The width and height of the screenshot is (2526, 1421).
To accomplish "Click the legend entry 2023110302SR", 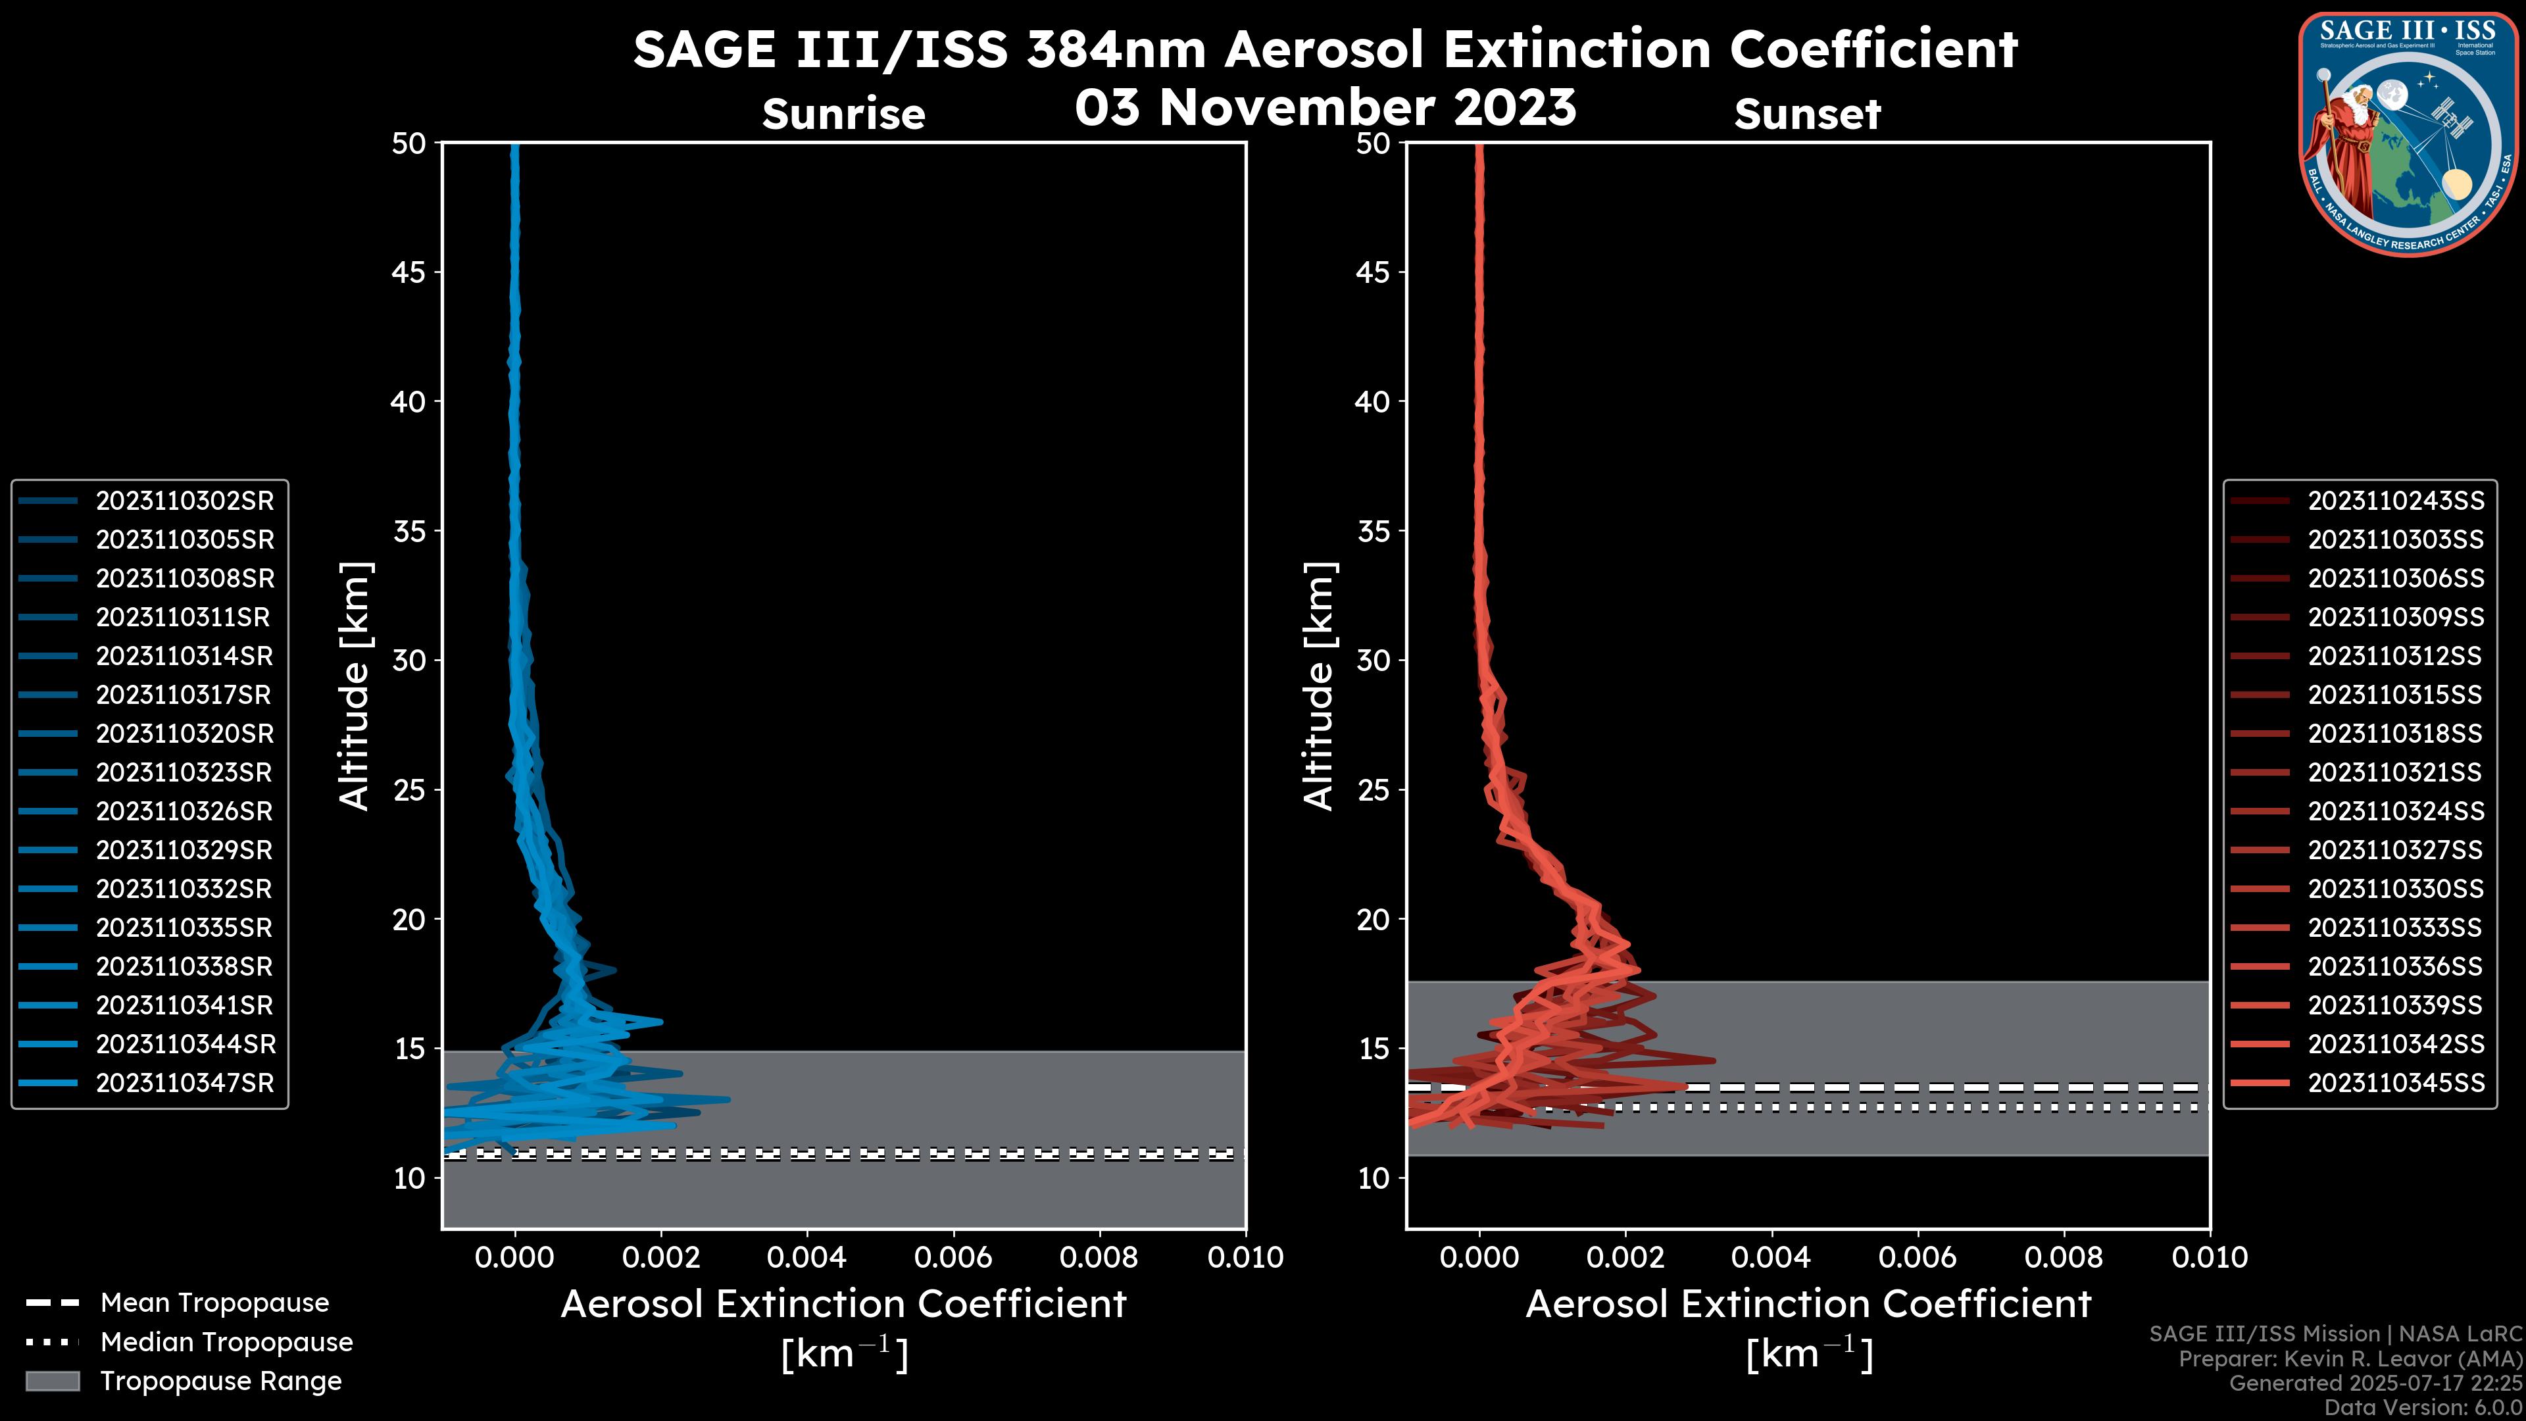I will coord(184,501).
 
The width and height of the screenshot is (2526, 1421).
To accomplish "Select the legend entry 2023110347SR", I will coord(184,1084).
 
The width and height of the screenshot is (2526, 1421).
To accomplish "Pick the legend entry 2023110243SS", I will coord(2396,501).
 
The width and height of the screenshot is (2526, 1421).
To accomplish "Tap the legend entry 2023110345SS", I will coord(2396,1084).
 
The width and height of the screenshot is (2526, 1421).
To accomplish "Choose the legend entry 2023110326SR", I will coord(184,812).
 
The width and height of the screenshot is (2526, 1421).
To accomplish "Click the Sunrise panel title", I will coord(843,114).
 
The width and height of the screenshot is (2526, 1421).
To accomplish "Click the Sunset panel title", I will coord(1807,114).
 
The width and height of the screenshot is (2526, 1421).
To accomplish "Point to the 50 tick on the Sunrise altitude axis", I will coord(409,143).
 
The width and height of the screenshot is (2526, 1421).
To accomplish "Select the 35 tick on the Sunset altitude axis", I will coord(1374,532).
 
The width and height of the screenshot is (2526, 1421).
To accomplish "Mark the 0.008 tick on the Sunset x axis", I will coord(2064,1257).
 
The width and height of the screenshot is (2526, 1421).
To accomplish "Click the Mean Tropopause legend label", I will coord(214,1303).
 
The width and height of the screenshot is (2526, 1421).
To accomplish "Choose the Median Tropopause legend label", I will coord(226,1343).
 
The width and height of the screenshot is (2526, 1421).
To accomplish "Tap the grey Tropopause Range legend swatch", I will coord(52,1382).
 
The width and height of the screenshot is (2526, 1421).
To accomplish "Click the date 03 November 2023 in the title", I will coord(1325,108).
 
